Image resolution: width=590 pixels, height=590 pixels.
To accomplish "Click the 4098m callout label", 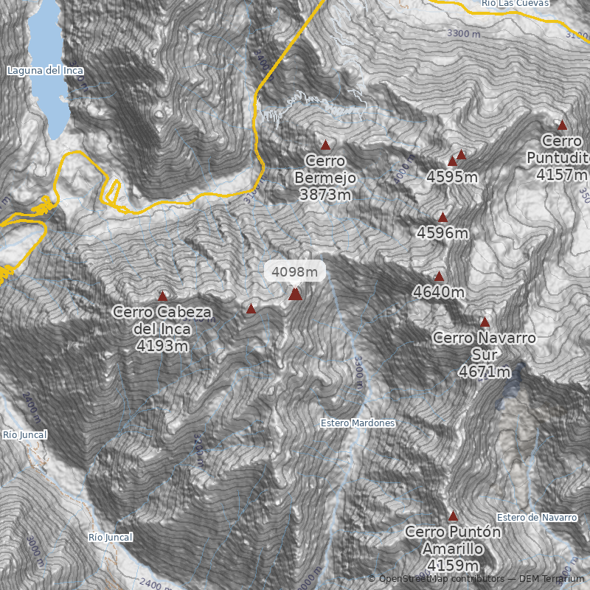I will (x=295, y=271).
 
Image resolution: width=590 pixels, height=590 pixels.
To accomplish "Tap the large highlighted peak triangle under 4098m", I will (x=295, y=294).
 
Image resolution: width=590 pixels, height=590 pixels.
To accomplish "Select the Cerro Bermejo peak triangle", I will (x=325, y=145).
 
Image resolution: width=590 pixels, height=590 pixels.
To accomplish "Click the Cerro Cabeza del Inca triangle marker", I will (x=162, y=296).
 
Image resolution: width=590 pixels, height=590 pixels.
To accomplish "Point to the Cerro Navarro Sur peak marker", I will (x=485, y=322).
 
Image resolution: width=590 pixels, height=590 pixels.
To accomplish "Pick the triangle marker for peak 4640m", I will (x=439, y=277).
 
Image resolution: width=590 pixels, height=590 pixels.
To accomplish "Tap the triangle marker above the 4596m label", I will (x=442, y=218).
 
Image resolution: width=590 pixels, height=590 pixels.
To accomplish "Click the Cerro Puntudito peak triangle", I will (x=562, y=125).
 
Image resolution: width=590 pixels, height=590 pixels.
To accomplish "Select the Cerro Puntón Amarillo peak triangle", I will (x=453, y=516).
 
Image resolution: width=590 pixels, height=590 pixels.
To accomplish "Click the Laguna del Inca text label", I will (x=45, y=71).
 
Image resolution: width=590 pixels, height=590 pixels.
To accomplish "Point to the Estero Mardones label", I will (x=358, y=423).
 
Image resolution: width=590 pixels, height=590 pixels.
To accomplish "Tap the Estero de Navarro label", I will (x=537, y=517).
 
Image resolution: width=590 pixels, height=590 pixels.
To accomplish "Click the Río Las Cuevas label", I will (x=515, y=4).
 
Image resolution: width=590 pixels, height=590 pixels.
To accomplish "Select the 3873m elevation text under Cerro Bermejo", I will (x=325, y=195).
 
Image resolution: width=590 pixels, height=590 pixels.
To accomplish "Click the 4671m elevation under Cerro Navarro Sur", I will (x=485, y=372).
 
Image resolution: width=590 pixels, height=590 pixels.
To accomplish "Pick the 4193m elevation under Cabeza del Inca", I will (x=162, y=345).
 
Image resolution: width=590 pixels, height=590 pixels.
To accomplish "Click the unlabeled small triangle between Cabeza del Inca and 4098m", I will (x=251, y=309).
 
